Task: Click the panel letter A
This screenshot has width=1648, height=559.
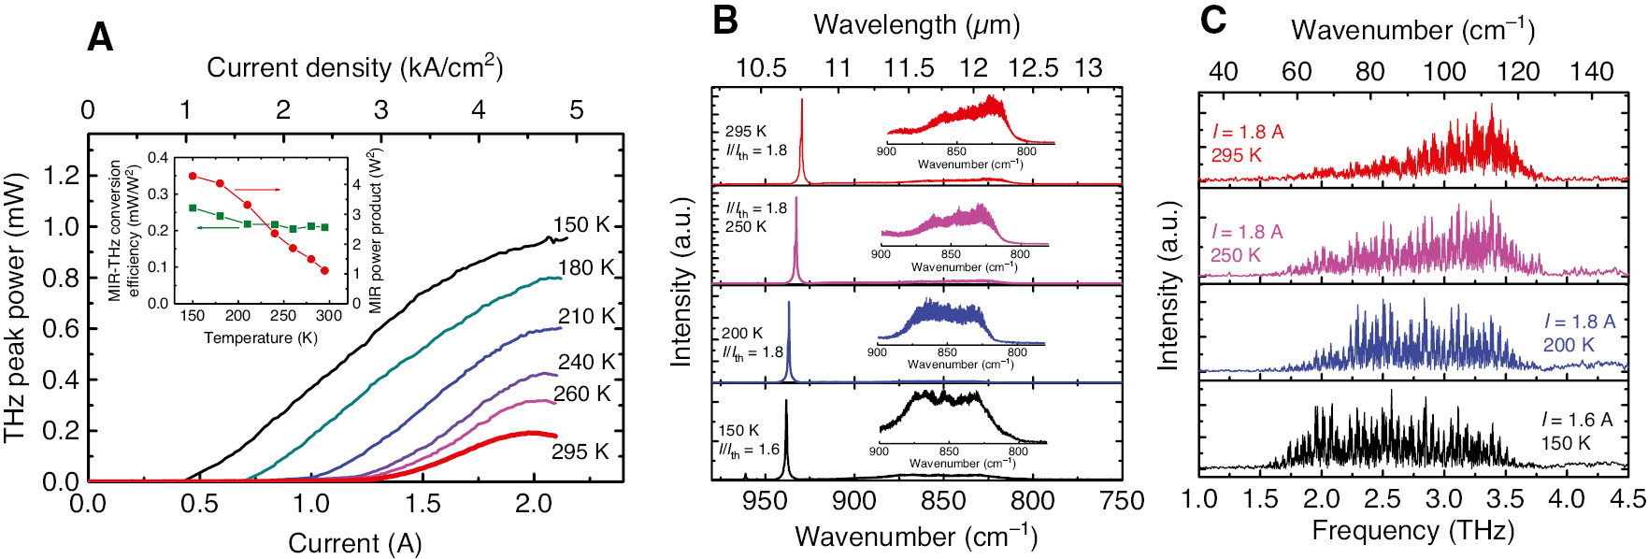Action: click(99, 38)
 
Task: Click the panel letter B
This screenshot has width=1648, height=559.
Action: click(724, 21)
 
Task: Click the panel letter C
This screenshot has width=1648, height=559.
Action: click(1212, 21)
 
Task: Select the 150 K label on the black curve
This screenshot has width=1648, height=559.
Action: click(581, 225)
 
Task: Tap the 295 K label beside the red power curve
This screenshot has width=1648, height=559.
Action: click(580, 452)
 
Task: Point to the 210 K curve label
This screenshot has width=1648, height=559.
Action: click(586, 316)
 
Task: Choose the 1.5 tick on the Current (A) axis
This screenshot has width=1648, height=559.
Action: click(422, 505)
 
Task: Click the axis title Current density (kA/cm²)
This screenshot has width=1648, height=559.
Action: click(354, 67)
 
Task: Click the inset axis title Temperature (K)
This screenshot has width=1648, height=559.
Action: click(261, 338)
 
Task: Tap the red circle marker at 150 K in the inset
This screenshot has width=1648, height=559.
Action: click(193, 176)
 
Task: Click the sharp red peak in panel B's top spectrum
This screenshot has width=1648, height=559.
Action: click(801, 140)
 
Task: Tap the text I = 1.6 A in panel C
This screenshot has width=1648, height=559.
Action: click(1577, 420)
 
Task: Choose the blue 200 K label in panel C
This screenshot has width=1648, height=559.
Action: click(1568, 345)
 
